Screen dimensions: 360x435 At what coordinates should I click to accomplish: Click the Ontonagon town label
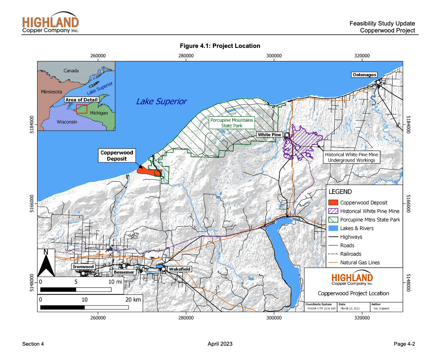pos(364,75)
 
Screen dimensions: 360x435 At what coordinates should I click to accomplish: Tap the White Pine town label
pos(270,135)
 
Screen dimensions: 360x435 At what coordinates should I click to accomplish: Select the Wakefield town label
pos(180,269)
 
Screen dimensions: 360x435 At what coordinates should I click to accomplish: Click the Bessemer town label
pos(124,272)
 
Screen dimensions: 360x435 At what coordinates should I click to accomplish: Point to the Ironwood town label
pos(83,267)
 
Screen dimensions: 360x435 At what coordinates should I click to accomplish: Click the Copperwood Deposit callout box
pos(117,155)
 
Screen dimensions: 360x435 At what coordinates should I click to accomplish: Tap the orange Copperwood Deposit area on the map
pos(147,171)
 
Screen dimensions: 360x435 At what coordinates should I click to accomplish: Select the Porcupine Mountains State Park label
pos(231,123)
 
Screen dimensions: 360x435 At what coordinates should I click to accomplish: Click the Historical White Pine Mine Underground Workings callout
pos(351,157)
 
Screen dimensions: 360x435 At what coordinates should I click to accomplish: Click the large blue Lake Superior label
pos(161,102)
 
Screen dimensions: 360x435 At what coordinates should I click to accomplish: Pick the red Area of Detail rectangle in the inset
pos(82,109)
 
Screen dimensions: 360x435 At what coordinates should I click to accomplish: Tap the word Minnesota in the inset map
pos(51,92)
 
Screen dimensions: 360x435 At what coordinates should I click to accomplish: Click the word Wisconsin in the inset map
pos(66,122)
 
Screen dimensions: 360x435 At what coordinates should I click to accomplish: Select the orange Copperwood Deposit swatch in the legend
pos(332,202)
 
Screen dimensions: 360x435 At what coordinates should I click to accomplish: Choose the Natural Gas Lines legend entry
pos(360,263)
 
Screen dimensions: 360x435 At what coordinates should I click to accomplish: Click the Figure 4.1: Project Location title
pos(220,46)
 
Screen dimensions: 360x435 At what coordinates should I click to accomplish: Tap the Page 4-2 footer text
pos(404,344)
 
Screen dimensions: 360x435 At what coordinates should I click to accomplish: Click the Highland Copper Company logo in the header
pos(50,24)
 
